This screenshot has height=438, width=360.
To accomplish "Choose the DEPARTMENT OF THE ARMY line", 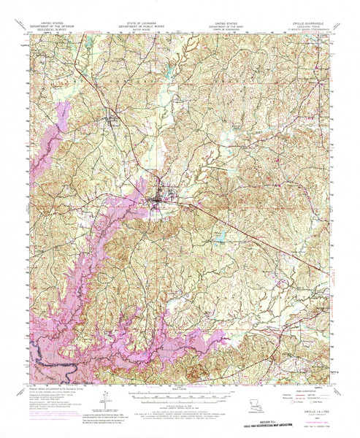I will pos(225,28).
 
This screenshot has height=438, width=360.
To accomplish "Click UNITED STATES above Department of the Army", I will pos(225,23).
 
